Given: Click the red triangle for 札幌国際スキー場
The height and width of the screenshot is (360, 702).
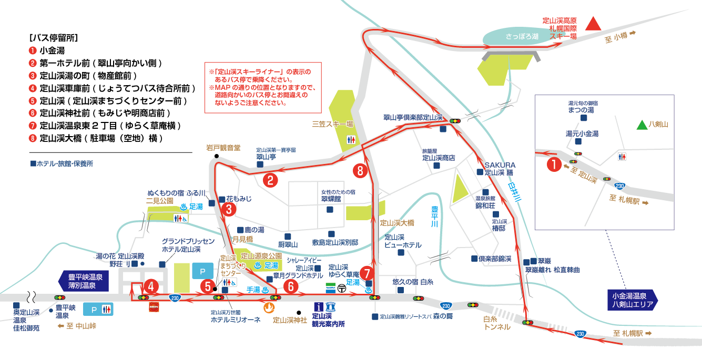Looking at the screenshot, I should point(594,24).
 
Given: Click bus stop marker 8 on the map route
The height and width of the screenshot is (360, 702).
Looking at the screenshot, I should point(359,171).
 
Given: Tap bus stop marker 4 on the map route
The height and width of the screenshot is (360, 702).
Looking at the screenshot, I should point(151,286).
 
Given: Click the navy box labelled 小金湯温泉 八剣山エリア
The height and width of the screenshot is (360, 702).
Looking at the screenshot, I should point(629,300).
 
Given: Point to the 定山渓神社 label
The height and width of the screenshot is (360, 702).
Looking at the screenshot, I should point(290,320).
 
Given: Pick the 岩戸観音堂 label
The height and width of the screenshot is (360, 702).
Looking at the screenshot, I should point(223,148).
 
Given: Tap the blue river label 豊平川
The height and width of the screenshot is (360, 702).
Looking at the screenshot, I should point(434,217).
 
